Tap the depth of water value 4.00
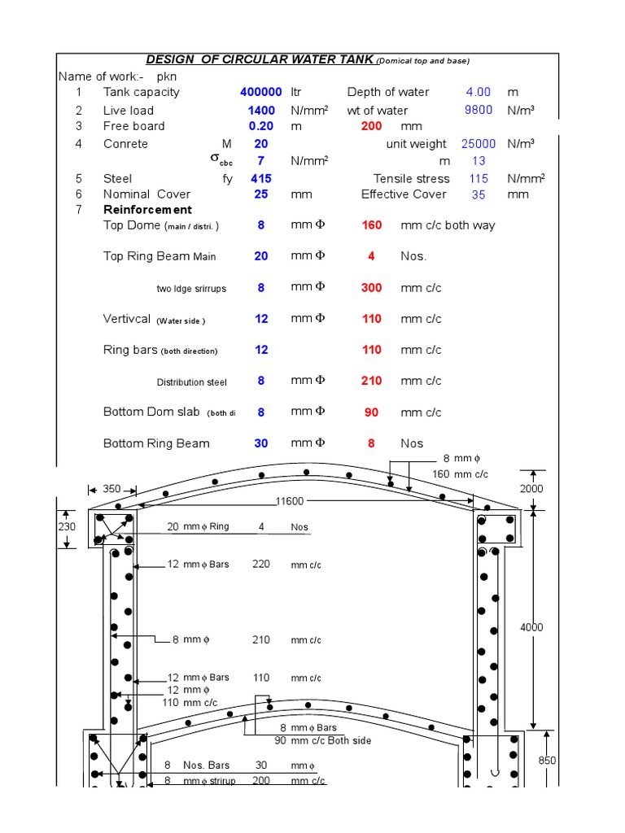click(478, 92)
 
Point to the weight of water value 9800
click(479, 110)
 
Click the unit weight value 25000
click(479, 144)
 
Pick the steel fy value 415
click(261, 178)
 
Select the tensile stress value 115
click(479, 178)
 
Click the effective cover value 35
click(479, 194)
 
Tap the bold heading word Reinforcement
click(147, 210)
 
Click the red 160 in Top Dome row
click(372, 225)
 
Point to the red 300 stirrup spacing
click(372, 288)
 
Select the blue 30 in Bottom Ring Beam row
click(261, 443)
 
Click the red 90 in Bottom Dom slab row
click(372, 412)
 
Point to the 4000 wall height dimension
click(531, 627)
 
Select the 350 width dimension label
click(111, 489)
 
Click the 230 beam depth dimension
click(67, 526)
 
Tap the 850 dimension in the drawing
click(547, 760)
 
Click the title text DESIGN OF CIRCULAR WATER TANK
click(260, 60)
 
